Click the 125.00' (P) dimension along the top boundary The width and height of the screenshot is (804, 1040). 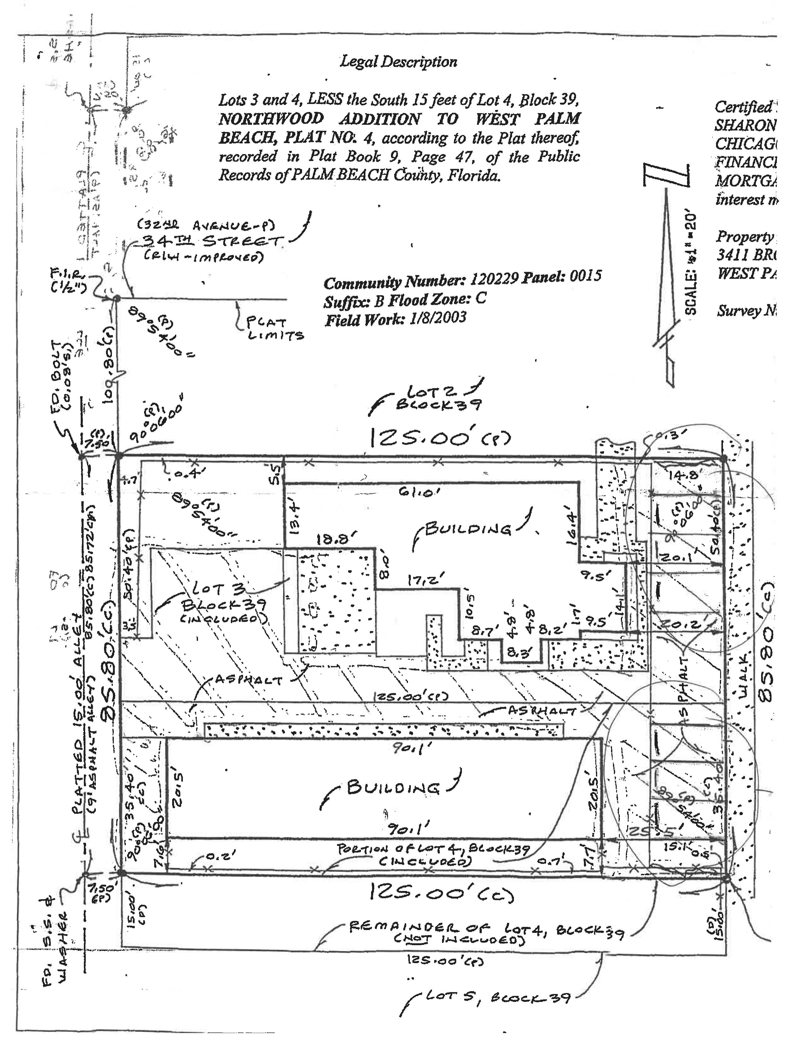pyautogui.click(x=439, y=438)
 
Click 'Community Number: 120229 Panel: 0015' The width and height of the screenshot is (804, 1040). pyautogui.click(x=462, y=280)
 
